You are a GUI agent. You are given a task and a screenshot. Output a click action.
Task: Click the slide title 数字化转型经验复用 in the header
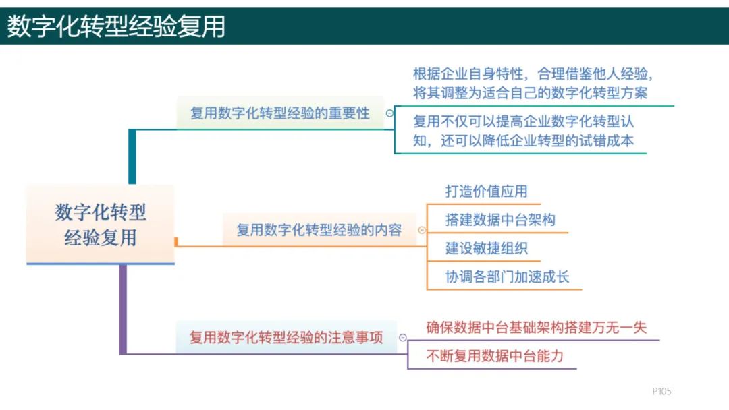pyautogui.click(x=116, y=26)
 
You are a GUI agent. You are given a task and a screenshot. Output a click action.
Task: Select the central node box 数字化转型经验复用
pyautogui.click(x=101, y=225)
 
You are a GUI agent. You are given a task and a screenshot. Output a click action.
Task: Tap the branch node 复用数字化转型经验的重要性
pyautogui.click(x=279, y=113)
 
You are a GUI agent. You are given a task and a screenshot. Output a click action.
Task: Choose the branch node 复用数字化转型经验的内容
pyautogui.click(x=319, y=230)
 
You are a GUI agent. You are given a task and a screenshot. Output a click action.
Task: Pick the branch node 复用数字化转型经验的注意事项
pyautogui.click(x=286, y=337)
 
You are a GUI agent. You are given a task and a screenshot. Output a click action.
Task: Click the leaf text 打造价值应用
pyautogui.click(x=486, y=191)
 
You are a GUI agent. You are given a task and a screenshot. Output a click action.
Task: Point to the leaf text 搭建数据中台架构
pyautogui.click(x=500, y=220)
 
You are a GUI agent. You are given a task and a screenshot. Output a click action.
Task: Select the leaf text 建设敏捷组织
pyautogui.click(x=486, y=248)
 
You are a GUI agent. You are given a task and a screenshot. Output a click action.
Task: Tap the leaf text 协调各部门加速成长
pyautogui.click(x=507, y=276)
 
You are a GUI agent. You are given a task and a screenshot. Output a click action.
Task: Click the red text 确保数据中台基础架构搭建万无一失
pyautogui.click(x=536, y=328)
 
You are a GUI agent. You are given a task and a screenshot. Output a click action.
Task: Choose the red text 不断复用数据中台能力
pyautogui.click(x=494, y=356)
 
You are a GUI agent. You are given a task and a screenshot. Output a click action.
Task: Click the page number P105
pyautogui.click(x=661, y=391)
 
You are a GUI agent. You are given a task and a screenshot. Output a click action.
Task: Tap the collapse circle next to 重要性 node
pyautogui.click(x=389, y=113)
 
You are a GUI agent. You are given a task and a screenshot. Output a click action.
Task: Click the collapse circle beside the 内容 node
pyautogui.click(x=422, y=230)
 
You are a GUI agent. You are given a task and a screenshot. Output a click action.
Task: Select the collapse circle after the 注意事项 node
pyautogui.click(x=403, y=337)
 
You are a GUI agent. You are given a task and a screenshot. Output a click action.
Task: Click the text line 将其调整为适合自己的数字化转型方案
pyautogui.click(x=530, y=92)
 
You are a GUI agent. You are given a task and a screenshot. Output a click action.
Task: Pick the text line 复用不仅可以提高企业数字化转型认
pyautogui.click(x=523, y=122)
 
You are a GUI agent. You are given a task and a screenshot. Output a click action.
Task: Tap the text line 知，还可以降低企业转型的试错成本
pyautogui.click(x=523, y=141)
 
